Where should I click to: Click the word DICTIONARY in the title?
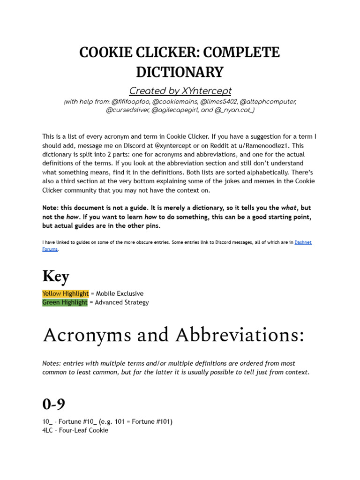180,72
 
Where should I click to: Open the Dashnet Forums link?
306,242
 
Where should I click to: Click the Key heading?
55,276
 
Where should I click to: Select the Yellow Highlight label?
65,293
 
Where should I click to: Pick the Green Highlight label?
65,302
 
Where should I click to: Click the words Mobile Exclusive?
120,293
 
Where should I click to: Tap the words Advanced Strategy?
122,302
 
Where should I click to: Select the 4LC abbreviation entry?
48,430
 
